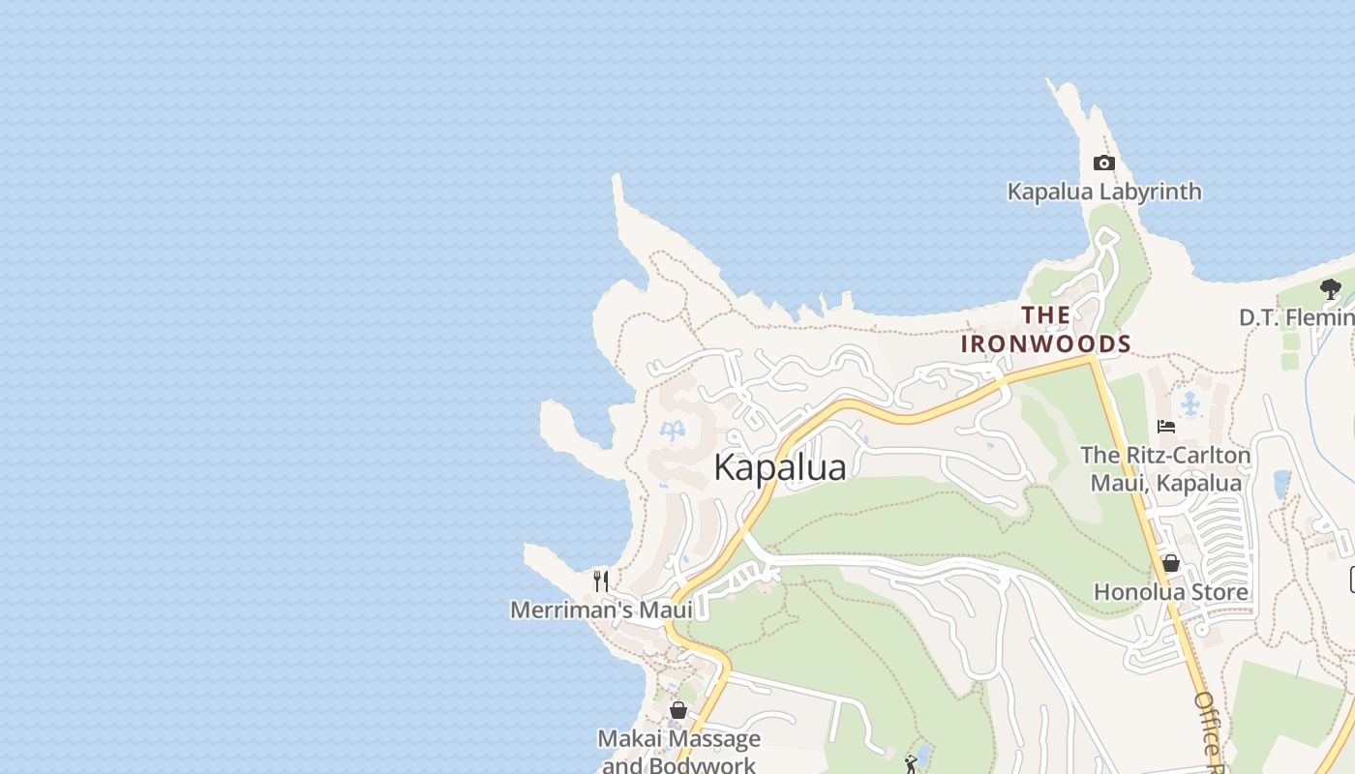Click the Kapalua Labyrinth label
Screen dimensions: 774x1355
click(1104, 192)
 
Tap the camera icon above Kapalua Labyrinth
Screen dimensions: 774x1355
click(1103, 163)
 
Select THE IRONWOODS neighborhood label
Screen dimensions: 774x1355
click(1045, 329)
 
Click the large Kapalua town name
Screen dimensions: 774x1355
click(780, 467)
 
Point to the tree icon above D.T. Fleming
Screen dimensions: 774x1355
click(1331, 288)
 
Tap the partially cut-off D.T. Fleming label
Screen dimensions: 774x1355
click(1297, 317)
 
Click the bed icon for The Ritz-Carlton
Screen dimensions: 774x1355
click(1166, 426)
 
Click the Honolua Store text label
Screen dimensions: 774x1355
click(1170, 591)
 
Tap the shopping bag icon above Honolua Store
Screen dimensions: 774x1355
click(1170, 563)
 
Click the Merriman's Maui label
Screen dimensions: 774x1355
click(601, 610)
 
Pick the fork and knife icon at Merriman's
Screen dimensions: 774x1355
click(601, 580)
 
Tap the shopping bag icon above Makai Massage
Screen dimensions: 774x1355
click(678, 710)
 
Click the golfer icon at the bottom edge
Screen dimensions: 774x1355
click(911, 764)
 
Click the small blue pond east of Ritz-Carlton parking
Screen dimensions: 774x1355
click(1281, 482)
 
